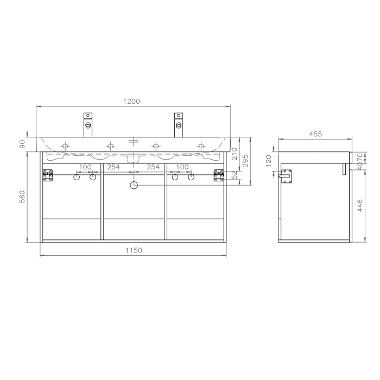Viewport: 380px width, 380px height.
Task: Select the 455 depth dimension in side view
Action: (315, 134)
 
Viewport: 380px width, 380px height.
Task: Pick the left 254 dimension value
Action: (113, 167)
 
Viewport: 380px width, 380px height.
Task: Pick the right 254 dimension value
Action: (153, 167)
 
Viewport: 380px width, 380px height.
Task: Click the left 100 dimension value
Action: (85, 167)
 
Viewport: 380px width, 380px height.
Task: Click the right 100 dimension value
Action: (182, 167)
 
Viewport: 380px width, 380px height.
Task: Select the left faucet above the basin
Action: (88, 124)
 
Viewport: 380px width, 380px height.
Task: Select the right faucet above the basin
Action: (178, 124)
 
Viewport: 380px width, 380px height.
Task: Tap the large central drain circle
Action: (134, 186)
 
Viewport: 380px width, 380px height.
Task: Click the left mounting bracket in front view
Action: (48, 175)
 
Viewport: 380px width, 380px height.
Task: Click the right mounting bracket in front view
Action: (219, 175)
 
